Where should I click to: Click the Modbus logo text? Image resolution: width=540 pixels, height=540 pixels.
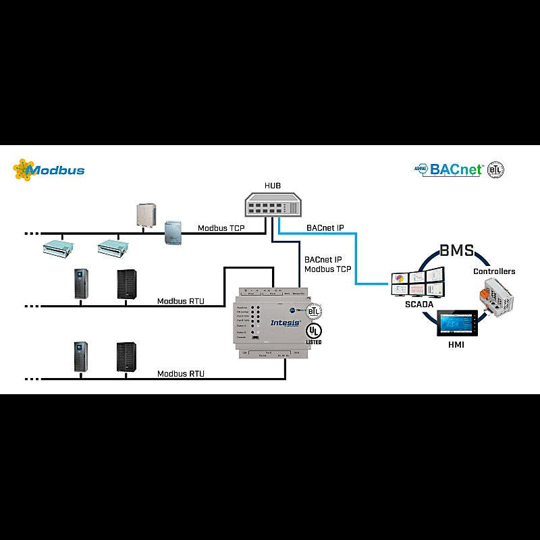[59, 170]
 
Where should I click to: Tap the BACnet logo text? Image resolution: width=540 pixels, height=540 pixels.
[456, 169]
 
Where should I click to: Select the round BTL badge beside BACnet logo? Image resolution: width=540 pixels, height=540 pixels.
[495, 169]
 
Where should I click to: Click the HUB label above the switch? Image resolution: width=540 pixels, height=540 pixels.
[272, 185]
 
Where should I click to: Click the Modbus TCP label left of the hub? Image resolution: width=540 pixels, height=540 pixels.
[221, 228]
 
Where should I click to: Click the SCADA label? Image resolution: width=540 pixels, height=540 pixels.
[418, 304]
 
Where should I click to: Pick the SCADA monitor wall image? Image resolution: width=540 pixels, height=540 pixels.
[418, 281]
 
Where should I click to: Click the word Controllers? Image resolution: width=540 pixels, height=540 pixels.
[493, 271]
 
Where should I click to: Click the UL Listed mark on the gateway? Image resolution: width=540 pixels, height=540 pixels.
[313, 333]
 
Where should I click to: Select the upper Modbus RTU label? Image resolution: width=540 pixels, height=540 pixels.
[180, 301]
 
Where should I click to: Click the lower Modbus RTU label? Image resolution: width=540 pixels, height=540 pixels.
[180, 373]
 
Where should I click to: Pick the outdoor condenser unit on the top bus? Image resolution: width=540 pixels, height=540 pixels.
[146, 215]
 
